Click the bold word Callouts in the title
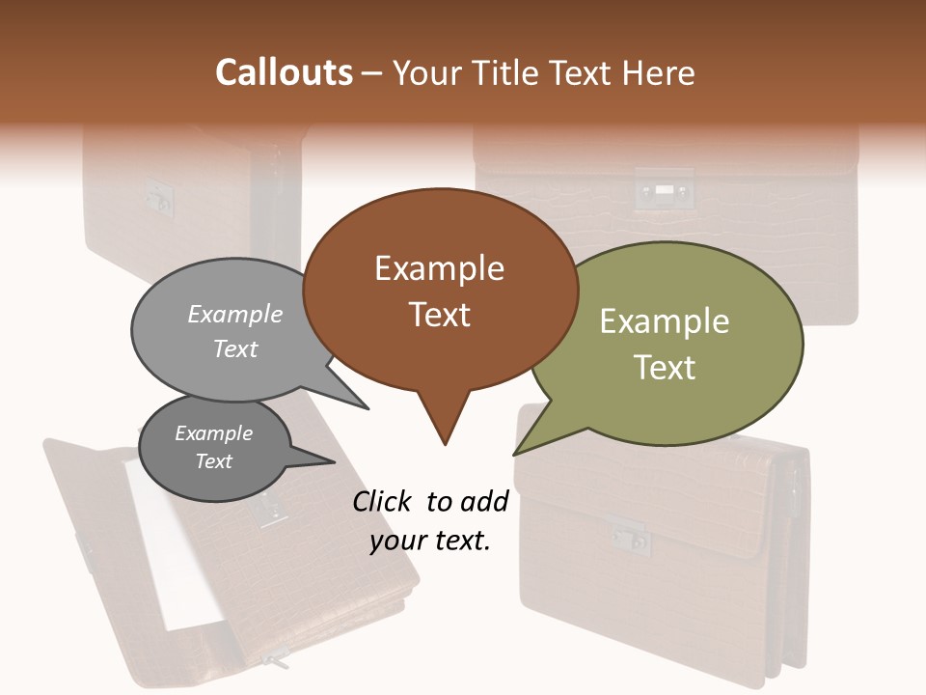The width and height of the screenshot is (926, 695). click(x=284, y=72)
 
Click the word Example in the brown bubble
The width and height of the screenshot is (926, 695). click(x=439, y=268)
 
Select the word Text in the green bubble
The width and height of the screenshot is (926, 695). click(x=665, y=368)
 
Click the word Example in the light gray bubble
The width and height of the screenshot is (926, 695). click(x=235, y=315)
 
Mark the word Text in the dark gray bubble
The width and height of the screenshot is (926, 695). click(x=214, y=461)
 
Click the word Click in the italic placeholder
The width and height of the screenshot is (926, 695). click(x=382, y=501)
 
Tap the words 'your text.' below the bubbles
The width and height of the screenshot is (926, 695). click(x=430, y=542)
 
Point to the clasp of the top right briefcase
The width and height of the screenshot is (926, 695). click(x=664, y=190)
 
